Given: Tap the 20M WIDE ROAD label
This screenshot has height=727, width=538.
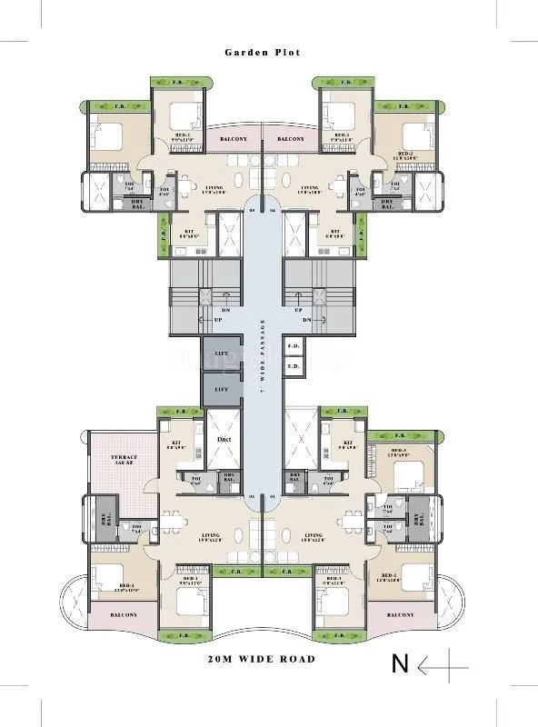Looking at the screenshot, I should (262, 659).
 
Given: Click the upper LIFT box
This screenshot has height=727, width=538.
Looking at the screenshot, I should (222, 353).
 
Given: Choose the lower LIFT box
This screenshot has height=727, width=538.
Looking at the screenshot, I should (222, 388).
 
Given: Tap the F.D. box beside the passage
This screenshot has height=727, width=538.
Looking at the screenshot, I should (294, 346).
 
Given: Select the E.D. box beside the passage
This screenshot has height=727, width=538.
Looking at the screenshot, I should (294, 367).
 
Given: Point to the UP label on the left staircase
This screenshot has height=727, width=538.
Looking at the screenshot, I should (218, 321).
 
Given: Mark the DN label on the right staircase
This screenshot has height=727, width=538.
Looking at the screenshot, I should (307, 321).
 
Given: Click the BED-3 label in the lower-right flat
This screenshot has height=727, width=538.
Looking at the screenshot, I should (399, 452).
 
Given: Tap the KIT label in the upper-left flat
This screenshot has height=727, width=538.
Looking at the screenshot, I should (188, 234).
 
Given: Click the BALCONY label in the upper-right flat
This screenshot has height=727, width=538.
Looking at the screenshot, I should (291, 139).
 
